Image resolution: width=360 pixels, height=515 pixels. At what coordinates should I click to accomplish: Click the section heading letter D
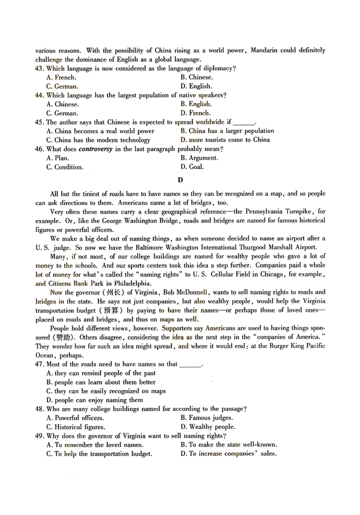click(x=180, y=180)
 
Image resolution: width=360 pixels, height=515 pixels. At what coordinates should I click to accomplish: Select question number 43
click(x=39, y=68)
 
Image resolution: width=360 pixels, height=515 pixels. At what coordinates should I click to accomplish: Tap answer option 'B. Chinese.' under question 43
click(x=197, y=77)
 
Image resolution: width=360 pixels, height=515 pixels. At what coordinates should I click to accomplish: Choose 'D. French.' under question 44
click(x=195, y=113)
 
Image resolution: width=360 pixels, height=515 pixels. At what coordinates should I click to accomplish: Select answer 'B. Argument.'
click(x=199, y=158)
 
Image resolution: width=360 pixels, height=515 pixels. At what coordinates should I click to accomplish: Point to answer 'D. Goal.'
click(x=192, y=167)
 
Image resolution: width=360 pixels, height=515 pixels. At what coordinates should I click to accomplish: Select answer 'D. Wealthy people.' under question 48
click(x=207, y=427)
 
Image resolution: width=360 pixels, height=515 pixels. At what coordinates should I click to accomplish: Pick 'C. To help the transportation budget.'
click(x=99, y=454)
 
